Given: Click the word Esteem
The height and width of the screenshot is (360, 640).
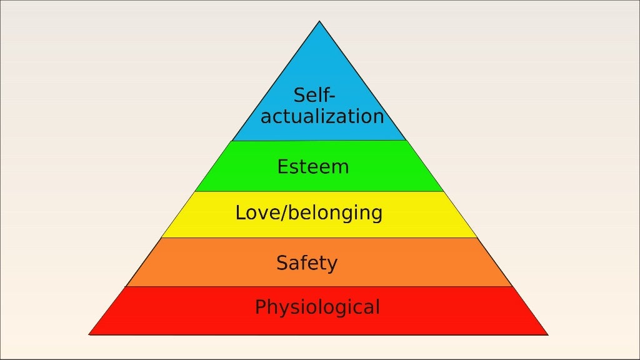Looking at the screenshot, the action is coord(313,167).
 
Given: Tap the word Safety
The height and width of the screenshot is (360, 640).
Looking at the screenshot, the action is coord(307,263).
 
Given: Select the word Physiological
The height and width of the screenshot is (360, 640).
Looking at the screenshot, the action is coord(317,307).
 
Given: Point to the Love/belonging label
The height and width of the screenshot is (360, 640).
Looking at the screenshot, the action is coord(309,213).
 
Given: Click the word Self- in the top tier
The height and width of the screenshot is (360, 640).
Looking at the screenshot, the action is coord(314,96).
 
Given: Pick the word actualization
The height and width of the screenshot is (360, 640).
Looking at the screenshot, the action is coord(322,117).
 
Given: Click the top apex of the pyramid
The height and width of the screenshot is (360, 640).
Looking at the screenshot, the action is coord(319,21).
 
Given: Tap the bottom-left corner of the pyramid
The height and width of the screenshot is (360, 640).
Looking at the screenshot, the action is coord(89,334).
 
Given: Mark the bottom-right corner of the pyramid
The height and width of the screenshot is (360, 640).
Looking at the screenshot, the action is coord(547,334).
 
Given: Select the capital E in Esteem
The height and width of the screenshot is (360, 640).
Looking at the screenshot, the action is coord(282,167).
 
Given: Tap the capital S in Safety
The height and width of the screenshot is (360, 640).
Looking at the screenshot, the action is coord(282,263).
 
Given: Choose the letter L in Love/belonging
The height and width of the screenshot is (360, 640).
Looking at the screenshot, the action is coord(240,213).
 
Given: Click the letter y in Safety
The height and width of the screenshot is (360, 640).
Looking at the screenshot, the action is coord(332,265).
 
